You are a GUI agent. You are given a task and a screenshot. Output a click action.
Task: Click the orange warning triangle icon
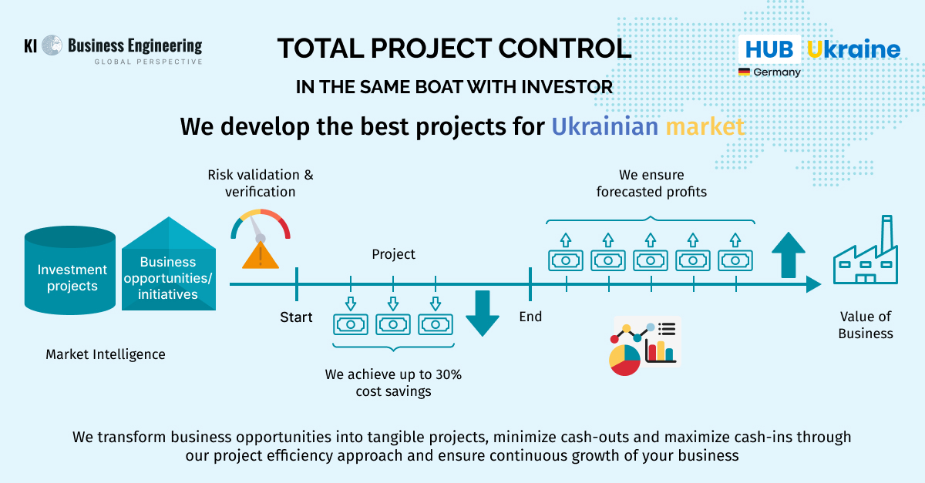261,256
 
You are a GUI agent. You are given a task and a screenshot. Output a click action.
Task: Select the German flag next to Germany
744,72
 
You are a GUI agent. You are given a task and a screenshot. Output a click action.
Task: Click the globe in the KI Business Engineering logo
52,45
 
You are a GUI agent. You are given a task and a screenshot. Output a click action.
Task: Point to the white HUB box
769,49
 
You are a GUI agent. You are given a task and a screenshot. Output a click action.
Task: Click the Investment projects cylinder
70,270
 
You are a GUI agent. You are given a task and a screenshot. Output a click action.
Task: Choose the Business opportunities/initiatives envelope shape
169,263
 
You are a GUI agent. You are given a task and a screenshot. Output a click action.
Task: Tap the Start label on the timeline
296,317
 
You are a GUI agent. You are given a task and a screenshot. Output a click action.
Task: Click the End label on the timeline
530,317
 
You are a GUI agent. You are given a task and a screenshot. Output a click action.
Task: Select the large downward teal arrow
483,314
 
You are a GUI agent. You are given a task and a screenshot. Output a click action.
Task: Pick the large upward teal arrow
789,255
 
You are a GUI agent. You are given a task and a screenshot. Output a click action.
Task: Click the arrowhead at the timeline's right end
813,284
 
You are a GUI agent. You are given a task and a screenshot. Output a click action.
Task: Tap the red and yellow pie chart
625,360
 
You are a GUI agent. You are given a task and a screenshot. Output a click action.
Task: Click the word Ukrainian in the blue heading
605,126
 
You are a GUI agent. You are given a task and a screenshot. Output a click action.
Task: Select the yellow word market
705,126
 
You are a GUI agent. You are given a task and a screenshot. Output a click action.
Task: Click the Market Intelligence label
106,354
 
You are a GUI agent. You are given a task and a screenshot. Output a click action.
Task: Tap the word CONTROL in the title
565,49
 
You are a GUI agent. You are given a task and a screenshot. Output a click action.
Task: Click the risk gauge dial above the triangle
261,225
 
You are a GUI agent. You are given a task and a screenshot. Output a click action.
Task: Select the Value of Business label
866,325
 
